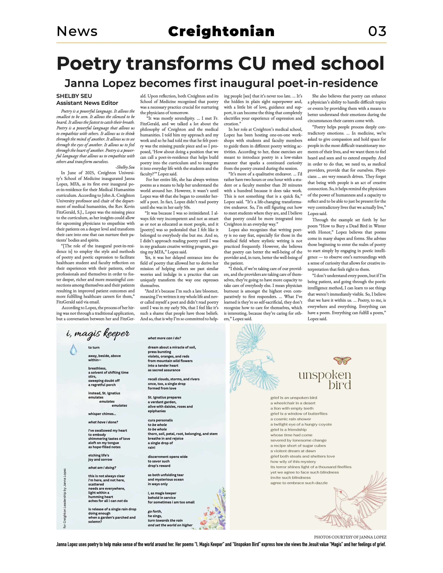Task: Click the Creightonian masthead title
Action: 221,32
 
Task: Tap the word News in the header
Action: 77,32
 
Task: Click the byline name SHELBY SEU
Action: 74,96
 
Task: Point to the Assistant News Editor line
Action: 87,103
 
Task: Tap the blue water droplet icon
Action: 74,349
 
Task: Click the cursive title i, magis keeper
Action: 98,334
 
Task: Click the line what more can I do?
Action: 164,338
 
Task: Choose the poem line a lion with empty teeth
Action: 292,408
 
